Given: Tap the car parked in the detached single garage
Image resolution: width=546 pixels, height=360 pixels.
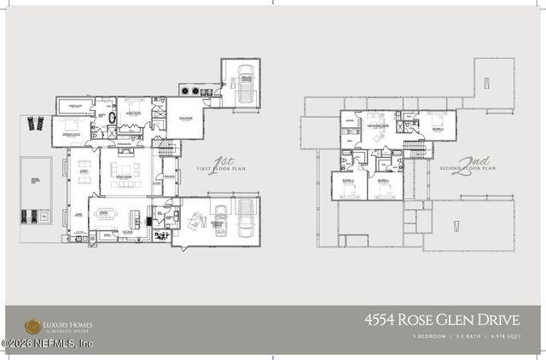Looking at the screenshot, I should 245,83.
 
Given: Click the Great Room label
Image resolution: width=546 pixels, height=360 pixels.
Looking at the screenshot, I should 125,177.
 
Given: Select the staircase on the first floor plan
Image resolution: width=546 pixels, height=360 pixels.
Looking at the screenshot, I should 166,150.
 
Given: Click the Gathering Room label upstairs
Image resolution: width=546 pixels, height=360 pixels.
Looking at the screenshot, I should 378,125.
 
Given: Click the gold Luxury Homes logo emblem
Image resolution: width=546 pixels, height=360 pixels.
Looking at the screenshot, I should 32,326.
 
